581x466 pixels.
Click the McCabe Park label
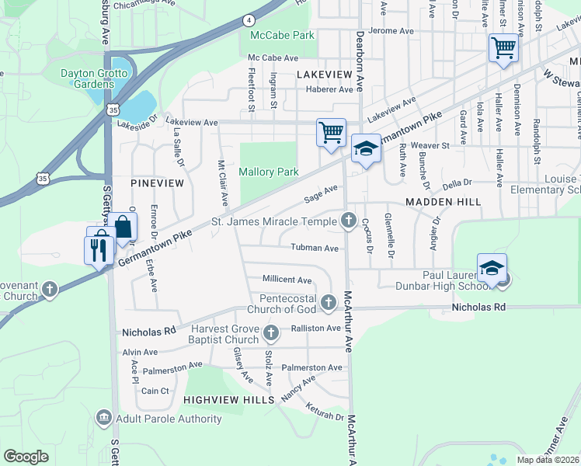point(282,35)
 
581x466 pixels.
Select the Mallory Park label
point(268,172)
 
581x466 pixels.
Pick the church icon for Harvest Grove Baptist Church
point(271,334)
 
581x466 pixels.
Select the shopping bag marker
point(123,228)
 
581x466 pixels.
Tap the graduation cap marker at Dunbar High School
point(491,268)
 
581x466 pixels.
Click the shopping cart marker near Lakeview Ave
point(331,132)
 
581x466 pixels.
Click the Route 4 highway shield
point(248,19)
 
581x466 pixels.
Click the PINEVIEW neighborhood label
point(158,183)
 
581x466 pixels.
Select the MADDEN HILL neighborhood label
point(443,201)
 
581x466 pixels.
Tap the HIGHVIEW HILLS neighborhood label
point(228,399)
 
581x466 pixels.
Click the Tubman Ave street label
point(315,248)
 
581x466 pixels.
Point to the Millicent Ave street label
point(287,280)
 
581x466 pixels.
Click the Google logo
point(26,457)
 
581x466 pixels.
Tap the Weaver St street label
point(435,145)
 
